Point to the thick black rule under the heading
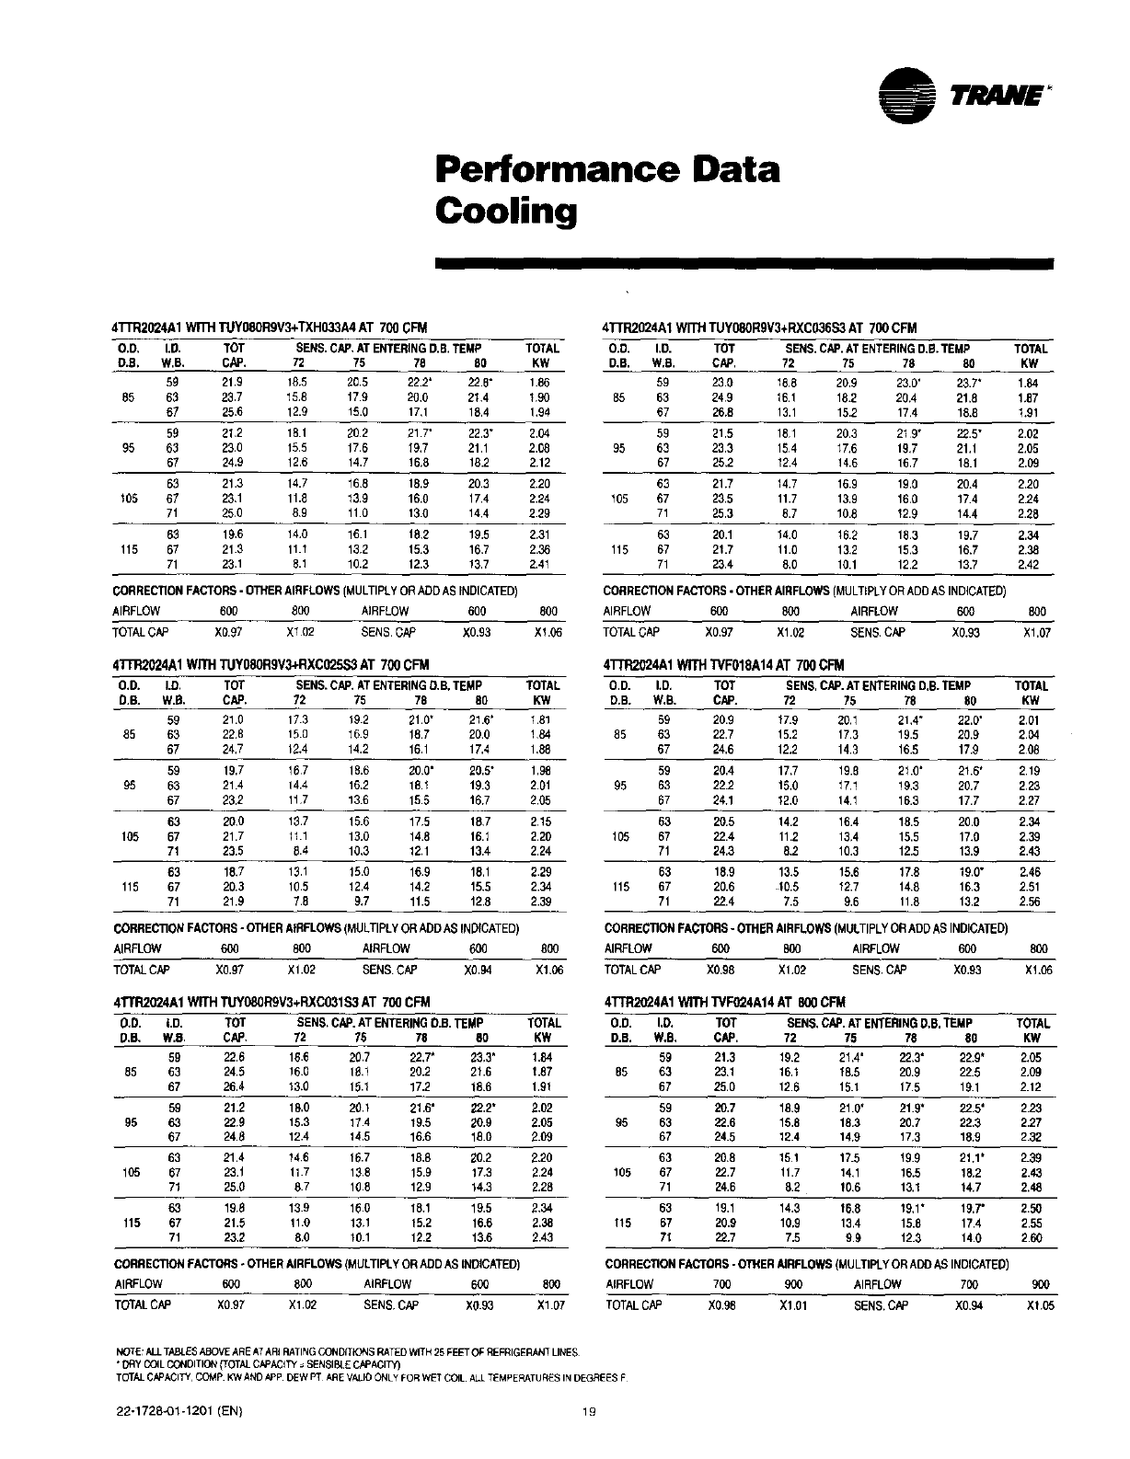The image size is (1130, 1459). tap(744, 264)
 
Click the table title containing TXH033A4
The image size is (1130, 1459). tap(270, 327)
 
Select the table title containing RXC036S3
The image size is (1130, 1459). tap(760, 327)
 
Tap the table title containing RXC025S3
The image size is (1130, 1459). tap(271, 664)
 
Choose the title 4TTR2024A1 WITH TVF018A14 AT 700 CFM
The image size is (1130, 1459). tap(724, 664)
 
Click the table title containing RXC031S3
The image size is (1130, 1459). tap(271, 1002)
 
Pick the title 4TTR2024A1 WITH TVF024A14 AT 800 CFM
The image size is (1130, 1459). tap(725, 1002)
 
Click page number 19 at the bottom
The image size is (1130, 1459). tap(590, 1414)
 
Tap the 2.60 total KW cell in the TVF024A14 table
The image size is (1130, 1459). tap(1032, 1237)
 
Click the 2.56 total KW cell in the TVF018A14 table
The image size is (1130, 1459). tap(1030, 902)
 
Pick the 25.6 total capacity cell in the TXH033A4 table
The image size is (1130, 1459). tap(231, 412)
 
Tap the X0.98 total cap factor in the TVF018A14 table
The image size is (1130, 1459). tap(721, 970)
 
